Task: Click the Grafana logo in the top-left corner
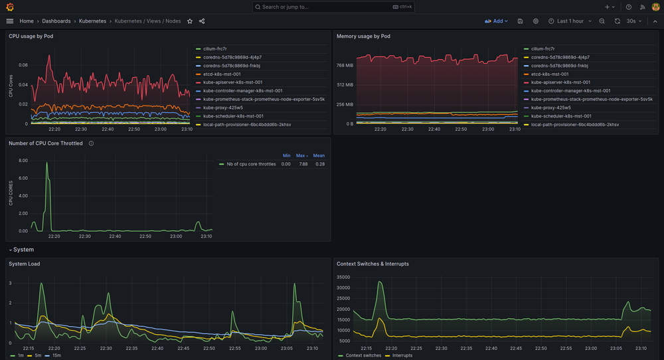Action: coord(9,7)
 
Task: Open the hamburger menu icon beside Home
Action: coord(9,21)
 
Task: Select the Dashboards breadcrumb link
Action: coord(56,21)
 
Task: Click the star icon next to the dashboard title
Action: coord(190,21)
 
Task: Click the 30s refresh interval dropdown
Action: coord(635,21)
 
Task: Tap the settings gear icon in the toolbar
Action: coord(536,21)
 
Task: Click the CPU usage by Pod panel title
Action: coord(31,37)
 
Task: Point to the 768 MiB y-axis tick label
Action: coord(344,65)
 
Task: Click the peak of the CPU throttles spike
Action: coord(46,163)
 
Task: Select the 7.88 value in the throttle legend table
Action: coord(303,164)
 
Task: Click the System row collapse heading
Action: coord(23,250)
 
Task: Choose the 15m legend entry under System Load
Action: coord(56,356)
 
